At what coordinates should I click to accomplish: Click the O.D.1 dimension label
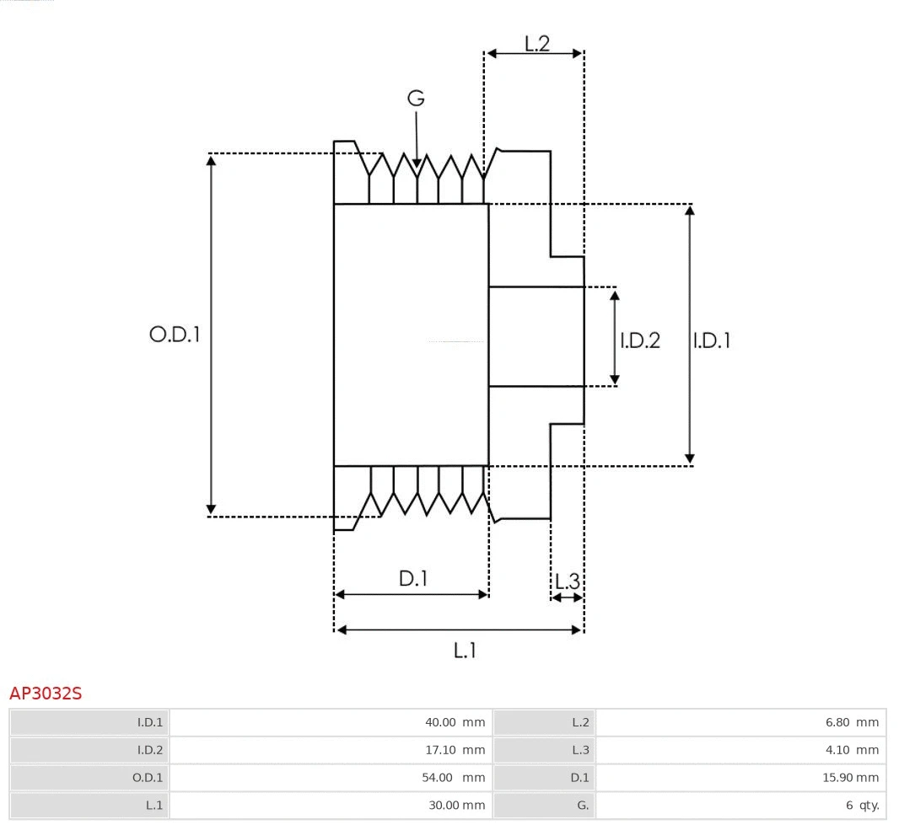175,335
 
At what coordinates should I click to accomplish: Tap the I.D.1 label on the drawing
711,340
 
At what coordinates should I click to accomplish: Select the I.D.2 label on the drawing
640,340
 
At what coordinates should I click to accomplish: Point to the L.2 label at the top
536,44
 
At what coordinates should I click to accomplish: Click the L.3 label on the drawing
567,581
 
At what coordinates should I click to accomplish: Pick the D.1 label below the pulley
413,578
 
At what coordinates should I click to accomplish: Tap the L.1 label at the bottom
466,650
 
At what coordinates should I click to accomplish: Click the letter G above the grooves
416,99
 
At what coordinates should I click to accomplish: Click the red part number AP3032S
46,694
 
